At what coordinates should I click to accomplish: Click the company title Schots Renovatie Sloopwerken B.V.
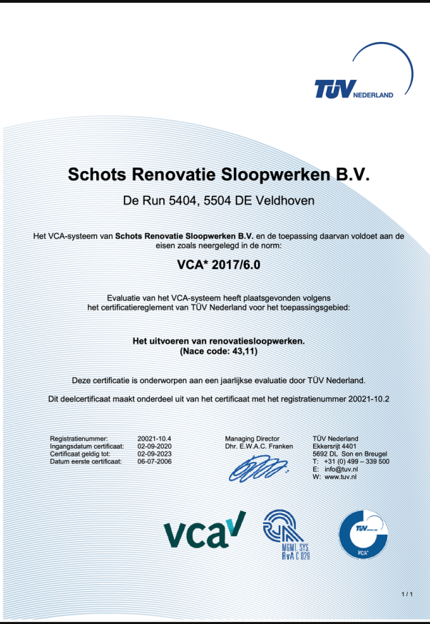coord(215,175)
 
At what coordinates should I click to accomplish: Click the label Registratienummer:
coord(78,438)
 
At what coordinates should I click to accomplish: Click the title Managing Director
coord(252,438)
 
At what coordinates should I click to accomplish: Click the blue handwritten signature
coord(257,469)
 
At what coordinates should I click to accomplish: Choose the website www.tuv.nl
coord(341,477)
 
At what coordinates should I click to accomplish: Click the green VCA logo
coord(205,530)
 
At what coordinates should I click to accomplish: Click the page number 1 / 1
coord(407,593)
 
